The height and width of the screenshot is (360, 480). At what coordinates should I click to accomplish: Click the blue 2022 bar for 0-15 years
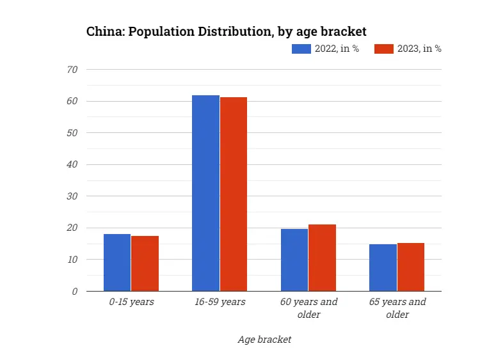pyautogui.click(x=117, y=262)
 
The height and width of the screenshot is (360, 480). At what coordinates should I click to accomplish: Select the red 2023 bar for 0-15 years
pyautogui.click(x=145, y=263)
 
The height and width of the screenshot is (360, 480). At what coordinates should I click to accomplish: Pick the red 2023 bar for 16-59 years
pyautogui.click(x=234, y=194)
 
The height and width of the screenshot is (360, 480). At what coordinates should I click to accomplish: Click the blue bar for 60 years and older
pyautogui.click(x=294, y=260)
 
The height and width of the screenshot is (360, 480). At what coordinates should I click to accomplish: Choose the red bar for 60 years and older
pyautogui.click(x=322, y=258)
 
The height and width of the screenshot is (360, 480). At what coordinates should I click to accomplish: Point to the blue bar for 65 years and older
pyautogui.click(x=383, y=267)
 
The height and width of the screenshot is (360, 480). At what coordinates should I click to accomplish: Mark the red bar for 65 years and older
pyautogui.click(x=411, y=267)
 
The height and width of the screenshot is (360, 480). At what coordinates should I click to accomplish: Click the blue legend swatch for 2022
pyautogui.click(x=301, y=49)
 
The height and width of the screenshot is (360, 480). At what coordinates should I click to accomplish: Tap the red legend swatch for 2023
pyautogui.click(x=383, y=49)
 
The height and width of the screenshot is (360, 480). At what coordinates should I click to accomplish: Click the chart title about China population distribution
pyautogui.click(x=226, y=31)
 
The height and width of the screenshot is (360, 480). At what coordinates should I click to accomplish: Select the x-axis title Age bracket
pyautogui.click(x=264, y=340)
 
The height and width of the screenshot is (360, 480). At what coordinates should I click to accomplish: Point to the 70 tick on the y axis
pyautogui.click(x=72, y=69)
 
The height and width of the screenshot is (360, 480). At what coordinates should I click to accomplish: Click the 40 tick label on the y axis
pyautogui.click(x=72, y=164)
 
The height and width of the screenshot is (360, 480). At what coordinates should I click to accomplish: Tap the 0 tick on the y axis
pyautogui.click(x=75, y=291)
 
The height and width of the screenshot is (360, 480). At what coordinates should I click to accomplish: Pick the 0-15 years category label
pyautogui.click(x=131, y=302)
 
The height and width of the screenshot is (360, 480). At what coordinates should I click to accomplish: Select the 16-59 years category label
pyautogui.click(x=220, y=302)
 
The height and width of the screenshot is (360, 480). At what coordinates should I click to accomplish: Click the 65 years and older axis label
pyautogui.click(x=397, y=308)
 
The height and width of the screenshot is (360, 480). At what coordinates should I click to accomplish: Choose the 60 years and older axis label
pyautogui.click(x=308, y=308)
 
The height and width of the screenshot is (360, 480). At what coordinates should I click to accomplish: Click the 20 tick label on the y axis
pyautogui.click(x=72, y=228)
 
